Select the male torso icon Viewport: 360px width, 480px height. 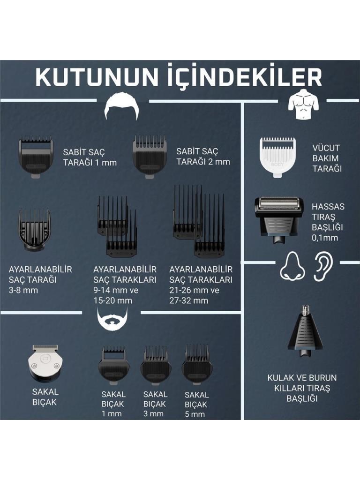(x=303, y=104)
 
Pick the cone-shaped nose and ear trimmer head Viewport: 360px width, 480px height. (x=305, y=331)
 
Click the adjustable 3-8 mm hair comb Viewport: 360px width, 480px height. (x=34, y=230)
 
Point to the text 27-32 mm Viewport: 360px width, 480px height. (x=189, y=300)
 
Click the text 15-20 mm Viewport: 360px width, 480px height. (x=113, y=300)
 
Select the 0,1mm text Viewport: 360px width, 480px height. (x=325, y=238)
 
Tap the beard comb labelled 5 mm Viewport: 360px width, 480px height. (x=197, y=364)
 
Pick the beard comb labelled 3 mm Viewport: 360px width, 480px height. (x=156, y=365)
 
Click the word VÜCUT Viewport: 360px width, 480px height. (x=326, y=148)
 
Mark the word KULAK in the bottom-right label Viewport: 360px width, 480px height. (x=280, y=378)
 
